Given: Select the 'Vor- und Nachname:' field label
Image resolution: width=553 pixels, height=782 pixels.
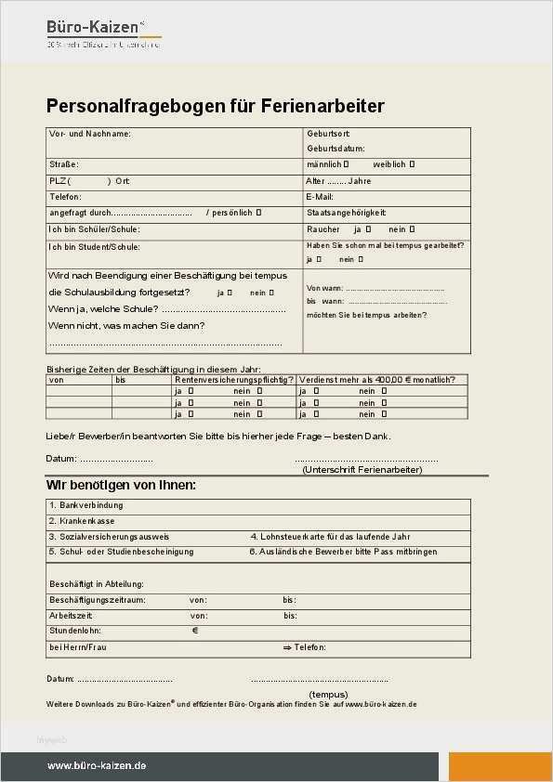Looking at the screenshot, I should point(90,135).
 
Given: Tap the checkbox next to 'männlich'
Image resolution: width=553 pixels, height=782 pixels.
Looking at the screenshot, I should point(347,164).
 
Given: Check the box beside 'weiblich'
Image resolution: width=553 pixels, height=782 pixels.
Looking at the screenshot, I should point(412,164).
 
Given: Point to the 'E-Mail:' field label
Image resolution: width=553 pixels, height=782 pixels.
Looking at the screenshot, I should point(320,197).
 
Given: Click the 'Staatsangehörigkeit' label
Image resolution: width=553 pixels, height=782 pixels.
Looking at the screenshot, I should point(346,213).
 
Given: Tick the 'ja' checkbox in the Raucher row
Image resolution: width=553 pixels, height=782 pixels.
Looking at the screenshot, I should point(369,228).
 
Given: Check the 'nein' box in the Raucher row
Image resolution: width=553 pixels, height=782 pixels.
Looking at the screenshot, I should point(412,228).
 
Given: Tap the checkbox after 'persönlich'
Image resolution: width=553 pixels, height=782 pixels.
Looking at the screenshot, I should point(259,213).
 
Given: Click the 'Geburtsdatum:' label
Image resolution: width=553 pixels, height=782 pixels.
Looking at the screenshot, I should point(336,149).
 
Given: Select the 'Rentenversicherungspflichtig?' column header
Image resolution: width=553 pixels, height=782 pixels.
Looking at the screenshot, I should point(234,380).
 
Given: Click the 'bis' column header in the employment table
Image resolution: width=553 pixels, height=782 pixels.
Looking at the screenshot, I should point(121,380).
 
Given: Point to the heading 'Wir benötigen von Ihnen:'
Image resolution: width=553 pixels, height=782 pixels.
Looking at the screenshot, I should point(121,485).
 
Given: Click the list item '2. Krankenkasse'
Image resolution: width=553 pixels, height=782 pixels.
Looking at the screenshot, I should point(82,521).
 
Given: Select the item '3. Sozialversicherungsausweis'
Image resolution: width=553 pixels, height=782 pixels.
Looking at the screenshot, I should point(109,537).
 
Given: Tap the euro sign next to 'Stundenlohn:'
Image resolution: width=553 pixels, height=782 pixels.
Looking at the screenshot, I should point(195,631).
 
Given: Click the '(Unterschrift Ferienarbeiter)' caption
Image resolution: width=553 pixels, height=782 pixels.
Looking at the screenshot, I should point(362,470).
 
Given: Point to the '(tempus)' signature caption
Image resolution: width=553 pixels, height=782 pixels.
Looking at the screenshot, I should point(328,694).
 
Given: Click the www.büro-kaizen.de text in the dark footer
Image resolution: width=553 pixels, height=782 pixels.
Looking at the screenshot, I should point(97,766).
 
